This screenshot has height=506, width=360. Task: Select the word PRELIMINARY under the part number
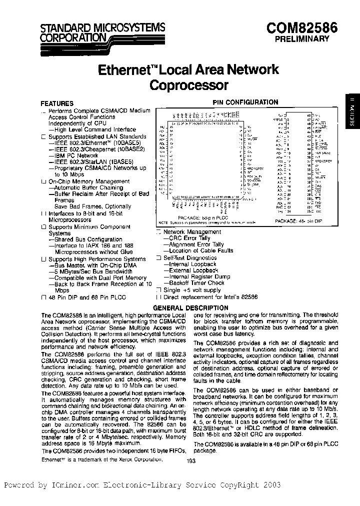[x=304, y=38]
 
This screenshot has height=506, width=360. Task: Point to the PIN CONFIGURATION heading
[x=245, y=102]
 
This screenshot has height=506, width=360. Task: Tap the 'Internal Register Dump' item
[x=196, y=276]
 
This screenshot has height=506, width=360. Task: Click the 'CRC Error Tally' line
[x=186, y=238]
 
